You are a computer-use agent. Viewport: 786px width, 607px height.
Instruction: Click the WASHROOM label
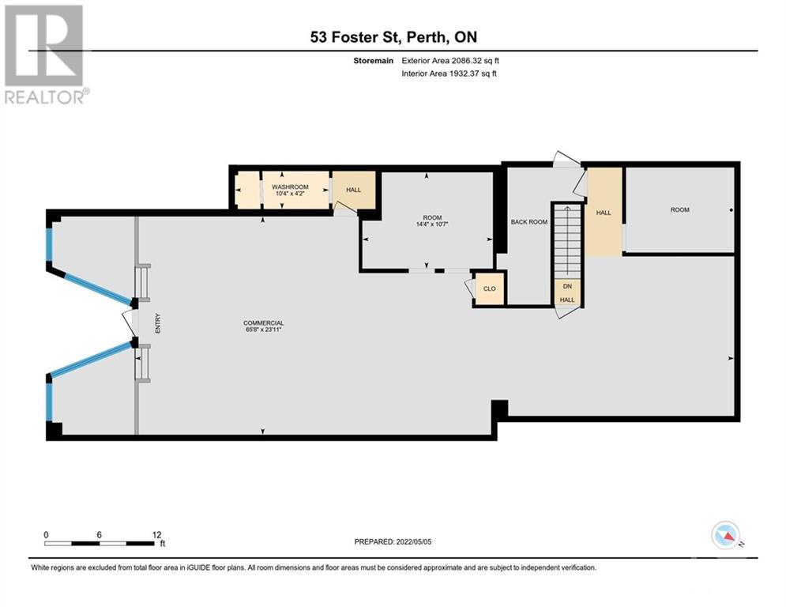click(290, 187)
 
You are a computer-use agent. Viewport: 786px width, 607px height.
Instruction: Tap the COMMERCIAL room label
click(264, 323)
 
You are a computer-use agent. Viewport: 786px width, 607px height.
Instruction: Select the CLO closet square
click(490, 288)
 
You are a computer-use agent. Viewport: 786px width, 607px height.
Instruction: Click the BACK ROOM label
click(528, 222)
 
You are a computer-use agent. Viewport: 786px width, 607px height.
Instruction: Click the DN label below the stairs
click(567, 286)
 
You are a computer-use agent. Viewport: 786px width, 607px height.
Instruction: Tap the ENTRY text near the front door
click(158, 323)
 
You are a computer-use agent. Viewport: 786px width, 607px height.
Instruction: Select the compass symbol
click(726, 535)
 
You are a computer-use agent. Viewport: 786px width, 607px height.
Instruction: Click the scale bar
click(100, 543)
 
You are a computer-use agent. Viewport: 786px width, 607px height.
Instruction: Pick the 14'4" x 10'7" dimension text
click(431, 224)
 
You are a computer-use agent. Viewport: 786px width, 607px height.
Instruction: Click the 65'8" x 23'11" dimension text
click(264, 330)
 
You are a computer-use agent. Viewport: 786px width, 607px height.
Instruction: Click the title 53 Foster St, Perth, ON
click(393, 37)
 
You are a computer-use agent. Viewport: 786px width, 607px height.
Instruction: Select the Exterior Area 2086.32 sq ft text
click(450, 61)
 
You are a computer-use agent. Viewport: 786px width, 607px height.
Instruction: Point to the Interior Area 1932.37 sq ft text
click(449, 74)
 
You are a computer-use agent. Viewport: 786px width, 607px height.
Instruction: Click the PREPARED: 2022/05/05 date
click(393, 541)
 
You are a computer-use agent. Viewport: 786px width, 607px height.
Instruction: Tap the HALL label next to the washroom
click(353, 190)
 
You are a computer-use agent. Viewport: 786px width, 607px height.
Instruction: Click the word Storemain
click(374, 61)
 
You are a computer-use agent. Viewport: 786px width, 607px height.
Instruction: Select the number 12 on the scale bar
click(157, 535)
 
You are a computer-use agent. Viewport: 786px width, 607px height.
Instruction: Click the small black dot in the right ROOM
click(731, 210)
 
